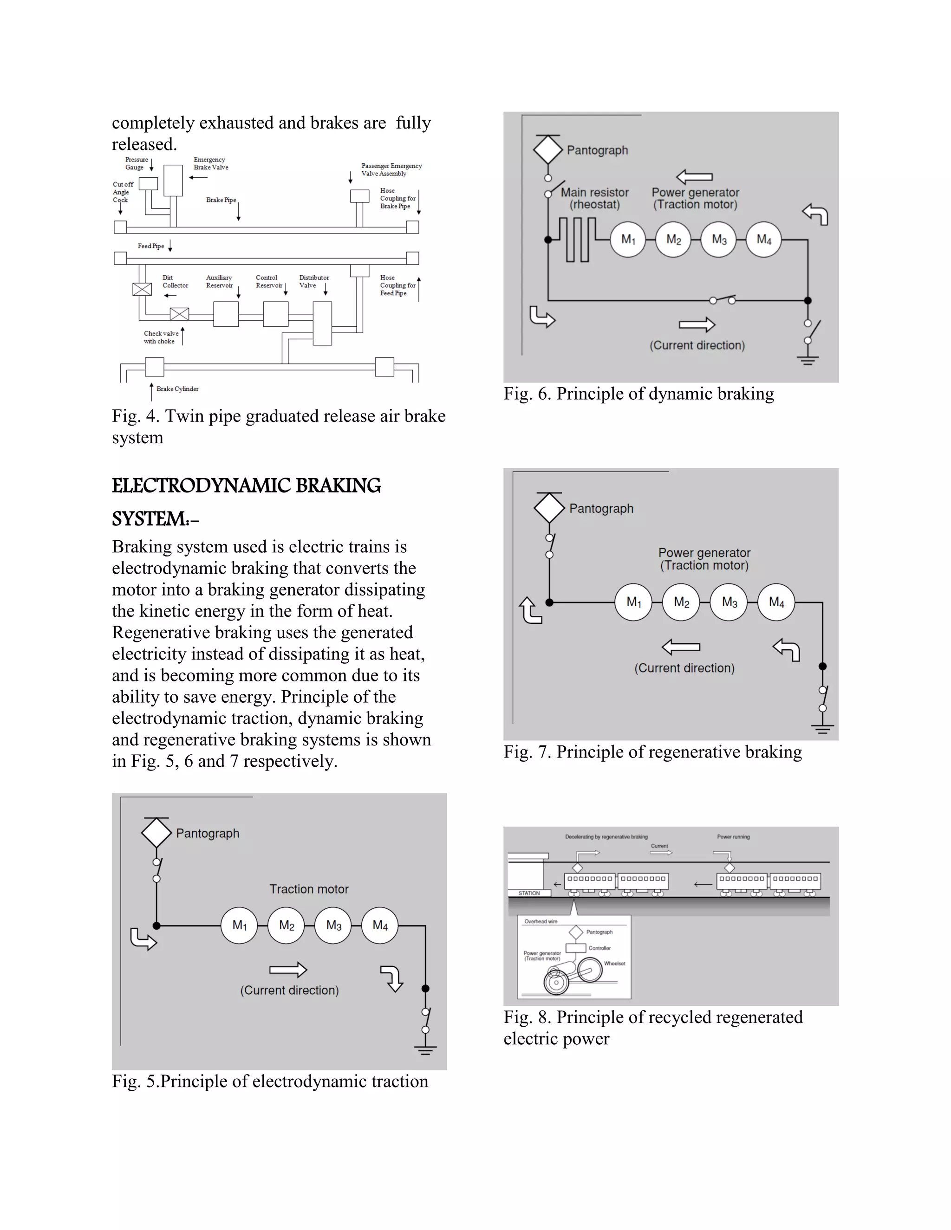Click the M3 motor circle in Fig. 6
pos(718,240)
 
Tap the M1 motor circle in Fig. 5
pos(240,926)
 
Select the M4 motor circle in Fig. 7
pos(776,602)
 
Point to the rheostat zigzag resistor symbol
pos(578,240)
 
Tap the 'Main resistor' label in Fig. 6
pos(594,193)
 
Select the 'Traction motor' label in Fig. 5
pos(309,889)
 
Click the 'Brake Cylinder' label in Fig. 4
pos(177,388)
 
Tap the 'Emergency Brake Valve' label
pos(211,163)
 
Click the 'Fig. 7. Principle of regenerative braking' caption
pos(652,752)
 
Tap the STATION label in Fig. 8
pos(529,893)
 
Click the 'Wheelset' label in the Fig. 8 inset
pos(615,964)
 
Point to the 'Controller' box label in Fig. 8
pos(599,948)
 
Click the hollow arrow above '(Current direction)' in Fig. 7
pos(681,647)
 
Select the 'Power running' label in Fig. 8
pos(733,837)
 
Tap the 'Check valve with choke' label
pos(161,337)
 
